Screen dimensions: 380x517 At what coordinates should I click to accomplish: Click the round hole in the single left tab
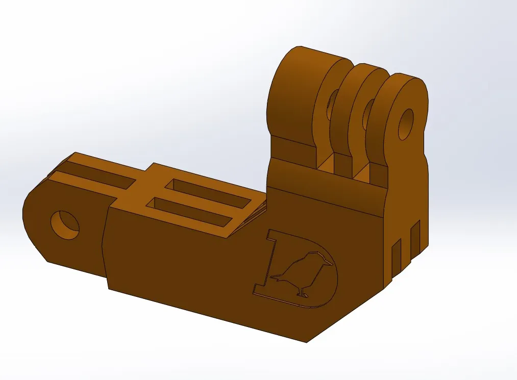pos(65,225)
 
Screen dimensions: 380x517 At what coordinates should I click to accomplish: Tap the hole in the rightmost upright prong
pos(406,124)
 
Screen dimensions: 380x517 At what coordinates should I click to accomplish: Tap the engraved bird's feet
pos(302,294)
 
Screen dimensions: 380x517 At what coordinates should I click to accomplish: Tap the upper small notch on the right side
pos(415,237)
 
